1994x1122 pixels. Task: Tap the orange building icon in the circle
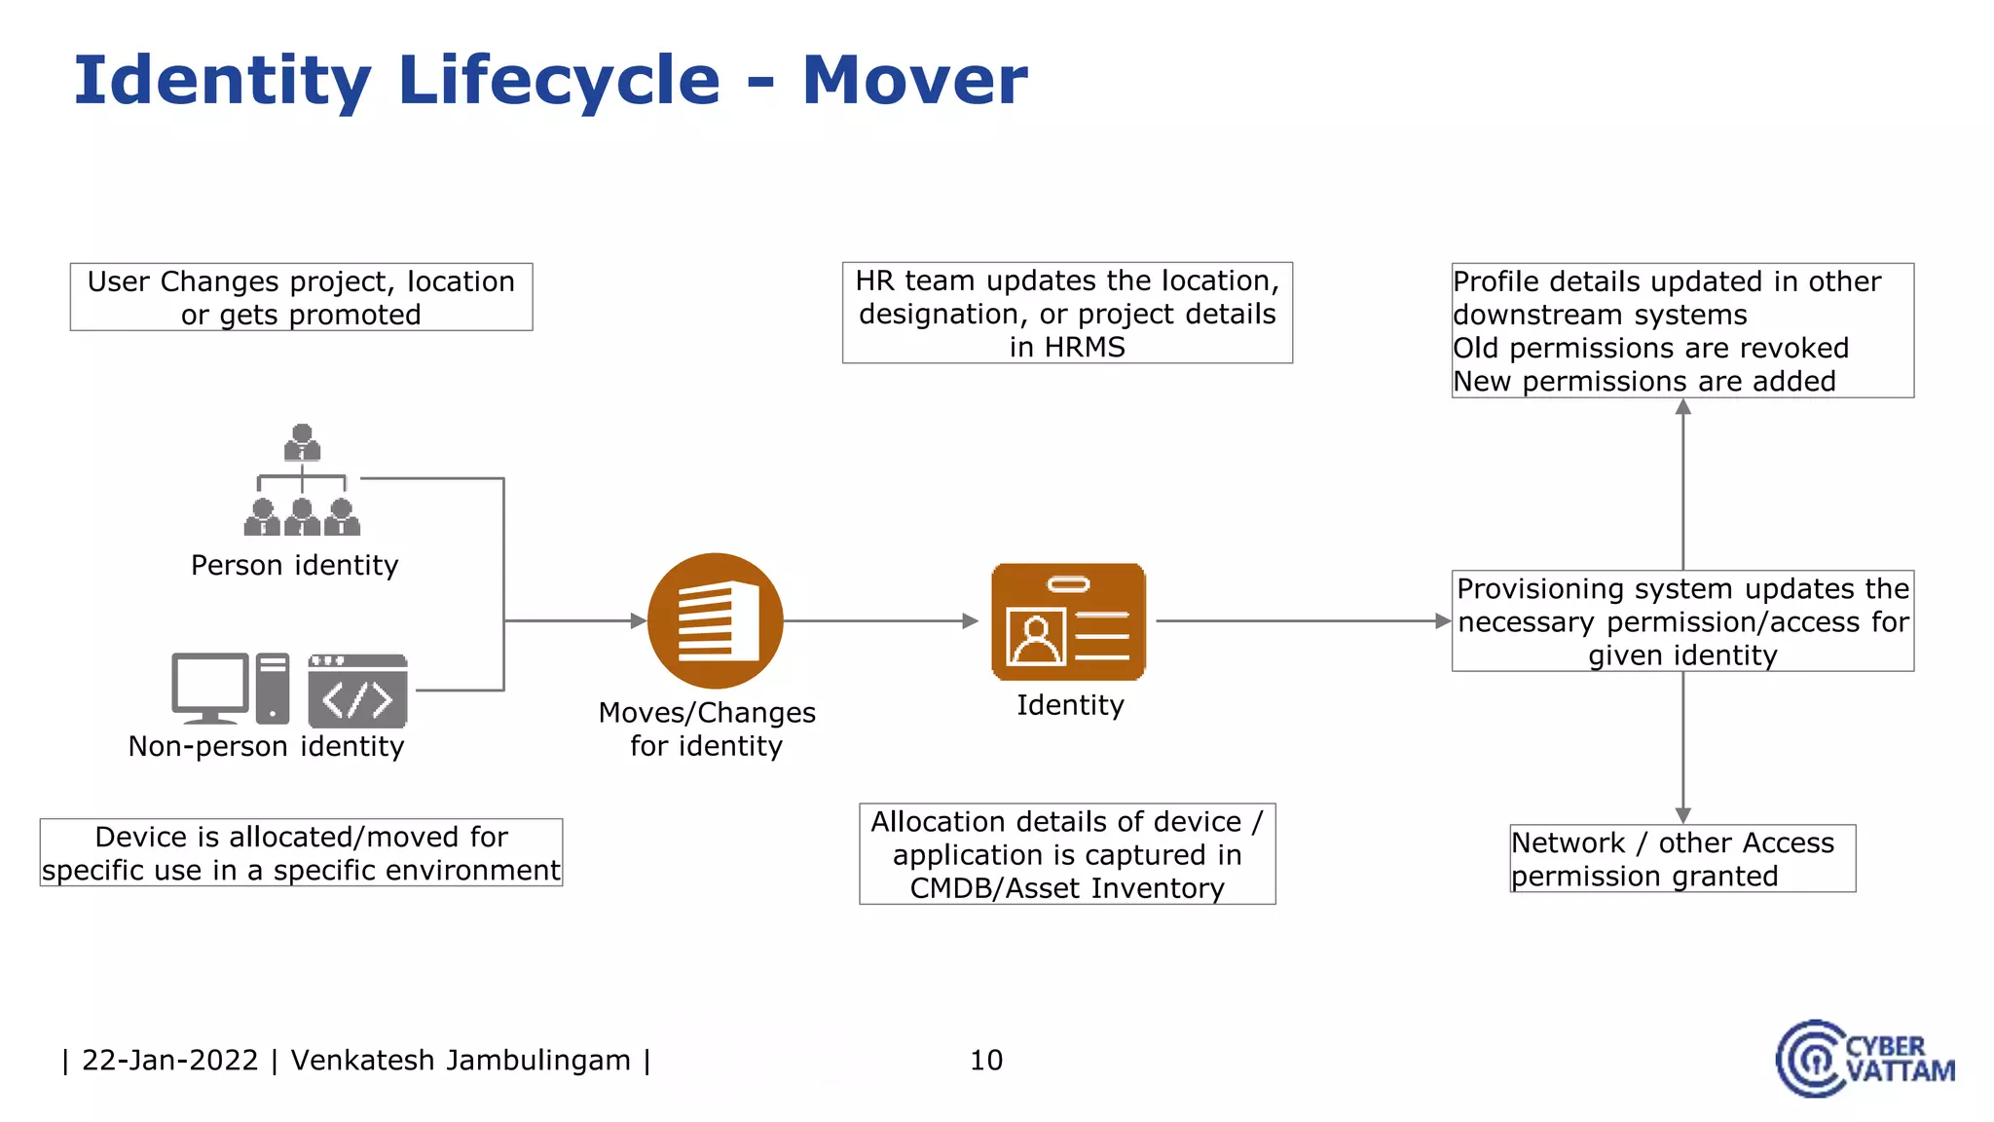(716, 620)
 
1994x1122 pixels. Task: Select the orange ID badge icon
(1068, 621)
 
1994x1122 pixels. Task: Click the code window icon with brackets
(357, 691)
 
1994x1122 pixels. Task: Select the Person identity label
(294, 565)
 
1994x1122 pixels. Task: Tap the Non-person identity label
(266, 746)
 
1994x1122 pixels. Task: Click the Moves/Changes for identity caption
(707, 729)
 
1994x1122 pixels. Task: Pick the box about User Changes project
(301, 297)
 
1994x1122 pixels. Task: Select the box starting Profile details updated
(1681, 330)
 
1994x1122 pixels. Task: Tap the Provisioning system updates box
(1681, 621)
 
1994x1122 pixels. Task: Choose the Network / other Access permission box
(1681, 858)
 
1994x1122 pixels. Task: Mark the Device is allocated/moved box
(301, 853)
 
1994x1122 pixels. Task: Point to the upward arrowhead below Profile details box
(1682, 407)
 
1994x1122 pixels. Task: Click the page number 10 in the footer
(985, 1060)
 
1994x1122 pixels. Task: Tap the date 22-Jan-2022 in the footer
(170, 1060)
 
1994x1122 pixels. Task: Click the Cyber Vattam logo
(1864, 1059)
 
